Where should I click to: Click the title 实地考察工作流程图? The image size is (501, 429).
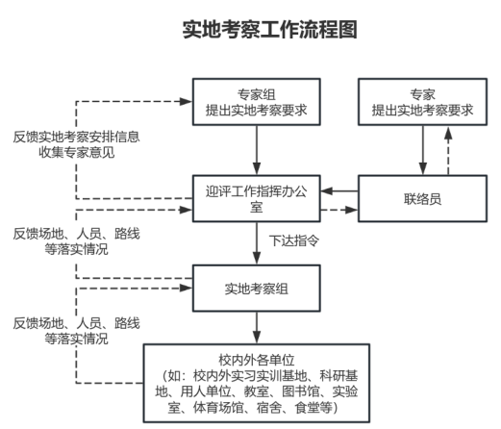pyautogui.click(x=269, y=30)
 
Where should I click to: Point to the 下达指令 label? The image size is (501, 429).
pyautogui.click(x=294, y=240)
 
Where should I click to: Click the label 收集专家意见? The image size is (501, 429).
pyautogui.click(x=77, y=152)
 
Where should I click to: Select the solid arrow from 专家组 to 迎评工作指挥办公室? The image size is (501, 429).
pyautogui.click(x=257, y=150)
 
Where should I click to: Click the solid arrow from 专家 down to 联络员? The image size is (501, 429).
pyautogui.click(x=423, y=150)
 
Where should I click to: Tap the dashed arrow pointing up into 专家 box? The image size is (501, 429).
pyautogui.click(x=448, y=151)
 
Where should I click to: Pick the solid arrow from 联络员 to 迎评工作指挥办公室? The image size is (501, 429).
pyautogui.click(x=339, y=191)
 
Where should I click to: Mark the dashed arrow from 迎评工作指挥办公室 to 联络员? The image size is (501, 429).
pyautogui.click(x=339, y=211)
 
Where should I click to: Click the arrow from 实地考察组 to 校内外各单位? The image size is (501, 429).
pyautogui.click(x=257, y=328)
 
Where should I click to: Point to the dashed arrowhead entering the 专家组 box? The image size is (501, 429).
pyautogui.click(x=186, y=102)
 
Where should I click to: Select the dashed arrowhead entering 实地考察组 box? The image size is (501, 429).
pyautogui.click(x=186, y=288)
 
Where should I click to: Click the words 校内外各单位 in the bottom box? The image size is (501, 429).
pyautogui.click(x=257, y=360)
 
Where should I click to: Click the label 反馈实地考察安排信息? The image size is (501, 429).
pyautogui.click(x=77, y=137)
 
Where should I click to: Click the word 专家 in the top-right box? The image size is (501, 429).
pyautogui.click(x=422, y=94)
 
